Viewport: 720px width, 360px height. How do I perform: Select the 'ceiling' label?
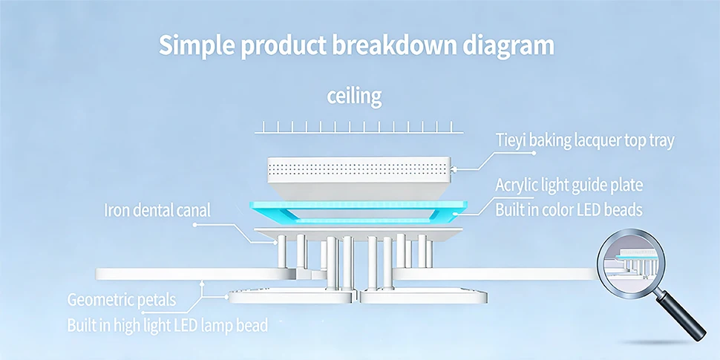tap(354, 97)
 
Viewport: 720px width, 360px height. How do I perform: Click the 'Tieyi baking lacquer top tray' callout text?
tap(585, 141)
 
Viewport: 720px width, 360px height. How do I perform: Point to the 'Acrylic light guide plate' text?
tap(569, 186)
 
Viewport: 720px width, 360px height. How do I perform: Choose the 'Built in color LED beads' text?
tap(569, 210)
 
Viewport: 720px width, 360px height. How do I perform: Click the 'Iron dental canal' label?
tap(157, 210)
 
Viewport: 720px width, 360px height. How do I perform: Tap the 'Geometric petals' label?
tap(122, 301)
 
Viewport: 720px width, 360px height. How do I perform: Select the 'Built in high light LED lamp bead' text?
tap(168, 325)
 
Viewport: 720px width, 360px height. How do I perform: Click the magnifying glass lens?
tap(631, 264)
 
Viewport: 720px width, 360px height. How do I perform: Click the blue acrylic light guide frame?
tap(359, 205)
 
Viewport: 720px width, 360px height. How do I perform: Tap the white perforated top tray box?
tap(359, 177)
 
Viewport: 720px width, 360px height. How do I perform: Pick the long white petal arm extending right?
tap(496, 274)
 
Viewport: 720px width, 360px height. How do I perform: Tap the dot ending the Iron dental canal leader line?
tap(194, 225)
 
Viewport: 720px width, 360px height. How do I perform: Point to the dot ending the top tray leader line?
tap(534, 152)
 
